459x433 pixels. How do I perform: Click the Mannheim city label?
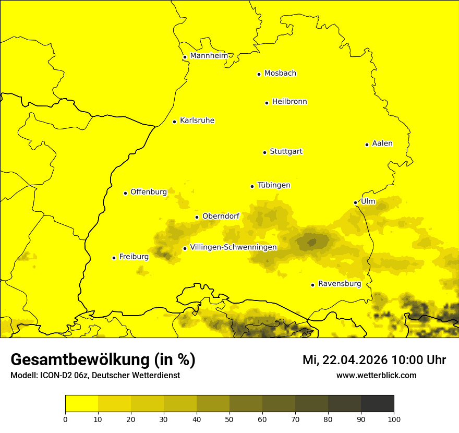(209, 56)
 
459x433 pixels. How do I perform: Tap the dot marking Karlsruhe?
(175, 122)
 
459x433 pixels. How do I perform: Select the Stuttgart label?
(286, 152)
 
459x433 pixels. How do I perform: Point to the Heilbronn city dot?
(267, 103)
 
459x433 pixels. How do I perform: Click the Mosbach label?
(280, 74)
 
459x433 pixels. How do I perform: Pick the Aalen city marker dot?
(367, 145)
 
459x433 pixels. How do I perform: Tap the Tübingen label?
(273, 185)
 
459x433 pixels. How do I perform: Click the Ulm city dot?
(356, 202)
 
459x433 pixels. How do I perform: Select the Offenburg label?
(149, 192)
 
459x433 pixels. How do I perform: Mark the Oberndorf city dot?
(197, 217)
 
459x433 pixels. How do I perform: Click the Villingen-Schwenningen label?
(233, 247)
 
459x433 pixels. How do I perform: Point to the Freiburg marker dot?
(114, 258)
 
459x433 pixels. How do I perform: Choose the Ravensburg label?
(340, 284)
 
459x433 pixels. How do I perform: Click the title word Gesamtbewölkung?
(81, 360)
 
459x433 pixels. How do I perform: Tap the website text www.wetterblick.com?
(376, 376)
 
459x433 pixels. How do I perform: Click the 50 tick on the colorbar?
(229, 418)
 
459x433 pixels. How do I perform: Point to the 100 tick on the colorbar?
(394, 418)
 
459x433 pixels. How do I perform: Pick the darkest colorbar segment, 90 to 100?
(377, 403)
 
